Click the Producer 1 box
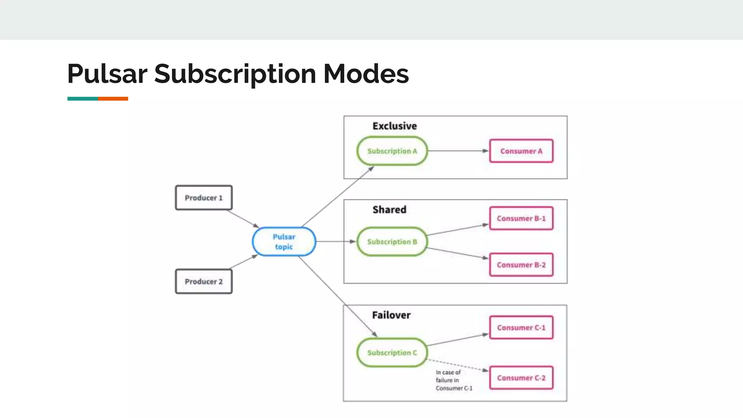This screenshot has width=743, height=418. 204,198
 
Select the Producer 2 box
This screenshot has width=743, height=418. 204,281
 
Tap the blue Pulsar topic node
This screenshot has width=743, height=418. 284,242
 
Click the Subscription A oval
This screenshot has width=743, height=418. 392,151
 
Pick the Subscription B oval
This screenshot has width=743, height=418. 392,242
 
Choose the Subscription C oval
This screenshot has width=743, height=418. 392,352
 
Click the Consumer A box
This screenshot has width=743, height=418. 521,151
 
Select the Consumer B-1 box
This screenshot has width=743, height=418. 521,218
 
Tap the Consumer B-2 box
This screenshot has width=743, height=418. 521,265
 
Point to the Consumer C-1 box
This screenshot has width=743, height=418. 521,328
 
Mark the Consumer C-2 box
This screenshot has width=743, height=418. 521,378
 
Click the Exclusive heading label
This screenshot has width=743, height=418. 395,126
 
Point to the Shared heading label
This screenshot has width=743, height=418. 389,210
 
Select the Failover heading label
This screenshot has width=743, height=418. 391,315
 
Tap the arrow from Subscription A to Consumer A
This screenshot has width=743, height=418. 458,151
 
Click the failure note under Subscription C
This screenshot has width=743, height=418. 453,380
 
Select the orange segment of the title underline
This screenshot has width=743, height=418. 113,99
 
